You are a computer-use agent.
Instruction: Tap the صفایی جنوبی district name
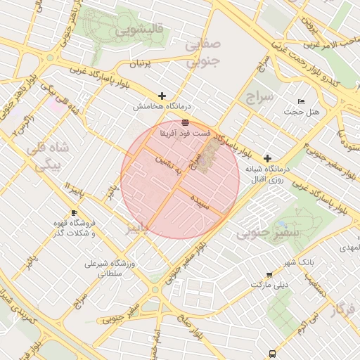202,53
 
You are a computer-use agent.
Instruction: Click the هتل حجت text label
302,112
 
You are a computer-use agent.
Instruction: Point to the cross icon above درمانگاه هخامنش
162,96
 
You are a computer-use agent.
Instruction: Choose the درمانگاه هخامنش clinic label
162,107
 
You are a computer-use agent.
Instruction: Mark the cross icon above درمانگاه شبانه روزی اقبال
267,158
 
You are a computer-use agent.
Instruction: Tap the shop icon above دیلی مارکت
270,275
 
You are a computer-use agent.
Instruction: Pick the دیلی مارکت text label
270,285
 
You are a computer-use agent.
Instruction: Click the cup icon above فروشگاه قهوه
75,212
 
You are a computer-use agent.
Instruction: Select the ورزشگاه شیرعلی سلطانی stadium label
108,271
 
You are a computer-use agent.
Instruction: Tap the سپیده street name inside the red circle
200,200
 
